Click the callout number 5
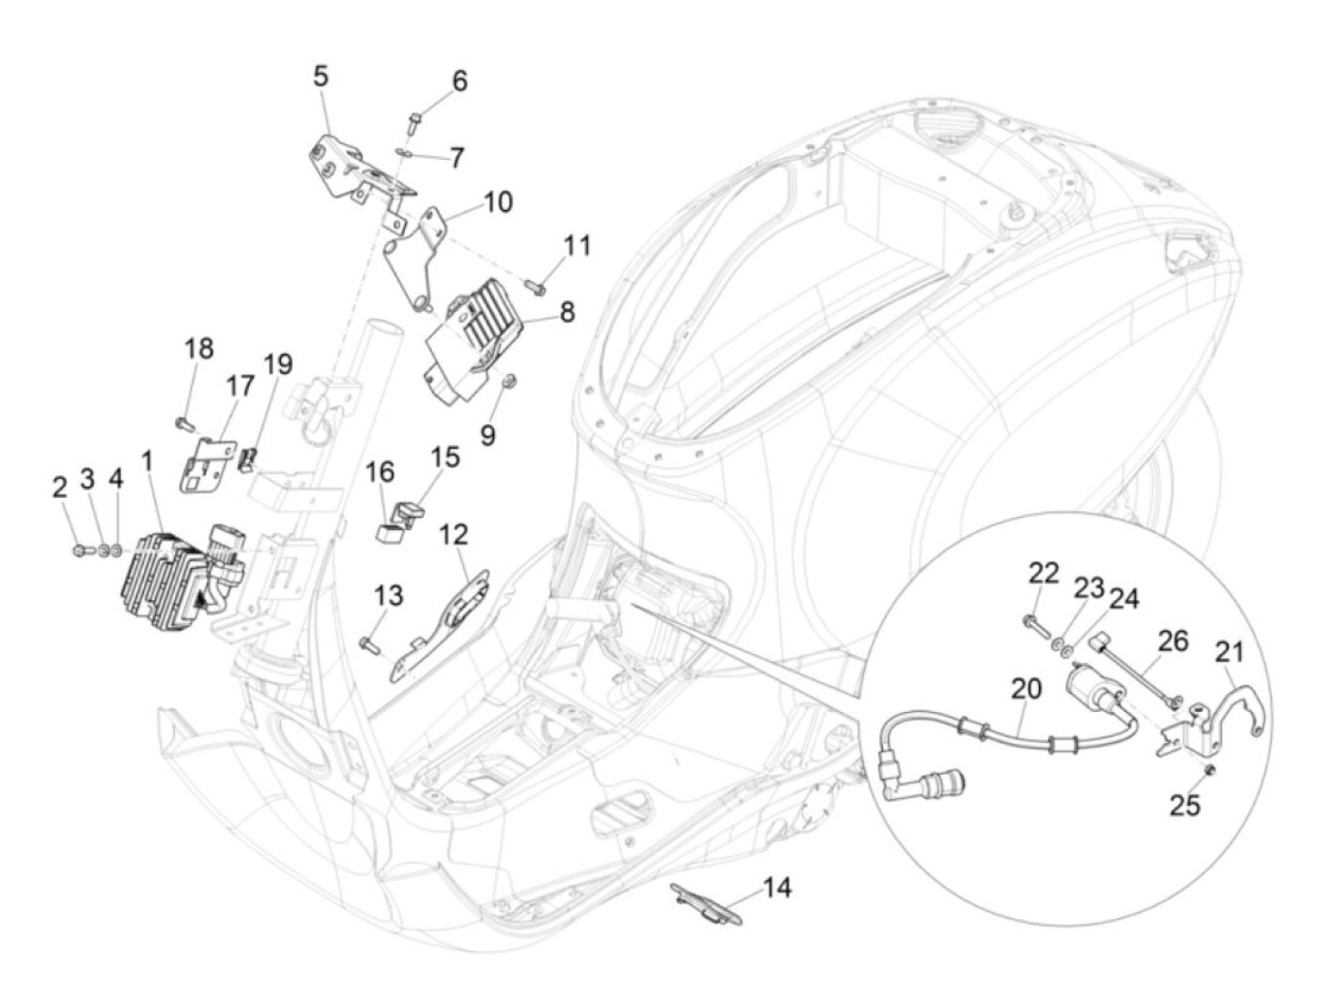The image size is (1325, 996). (322, 77)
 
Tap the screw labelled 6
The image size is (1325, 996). (415, 121)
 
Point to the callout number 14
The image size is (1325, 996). (777, 887)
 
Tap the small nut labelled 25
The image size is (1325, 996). (1210, 770)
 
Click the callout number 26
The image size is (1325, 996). (1173, 641)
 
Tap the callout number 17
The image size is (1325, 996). (239, 386)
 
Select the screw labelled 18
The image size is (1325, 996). (183, 418)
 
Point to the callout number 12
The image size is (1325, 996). (453, 535)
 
